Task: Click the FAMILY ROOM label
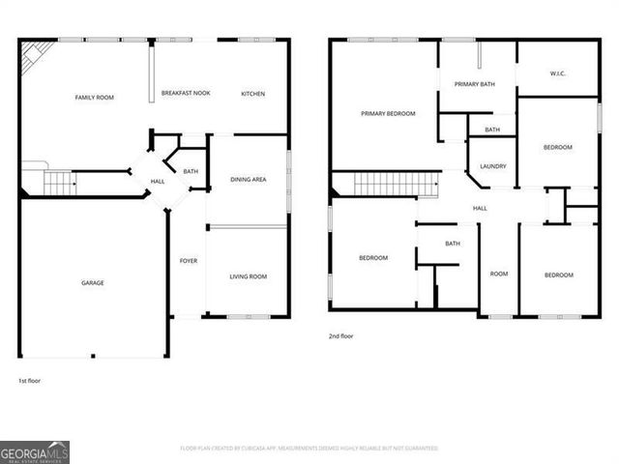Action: [95, 98]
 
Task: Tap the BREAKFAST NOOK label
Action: [186, 94]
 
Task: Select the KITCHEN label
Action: [252, 94]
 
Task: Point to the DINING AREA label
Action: [249, 179]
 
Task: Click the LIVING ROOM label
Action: [248, 276]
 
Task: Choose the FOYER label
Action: [189, 260]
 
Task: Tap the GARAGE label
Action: [92, 283]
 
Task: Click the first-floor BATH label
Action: [191, 172]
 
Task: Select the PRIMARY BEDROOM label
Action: [388, 114]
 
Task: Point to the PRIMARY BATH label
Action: [475, 84]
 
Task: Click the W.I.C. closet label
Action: [557, 73]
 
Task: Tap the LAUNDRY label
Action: [492, 166]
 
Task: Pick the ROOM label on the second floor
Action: [499, 274]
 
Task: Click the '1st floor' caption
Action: [30, 380]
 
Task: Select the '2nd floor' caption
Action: [341, 337]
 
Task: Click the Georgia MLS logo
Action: [35, 451]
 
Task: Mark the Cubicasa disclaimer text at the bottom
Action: [309, 449]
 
